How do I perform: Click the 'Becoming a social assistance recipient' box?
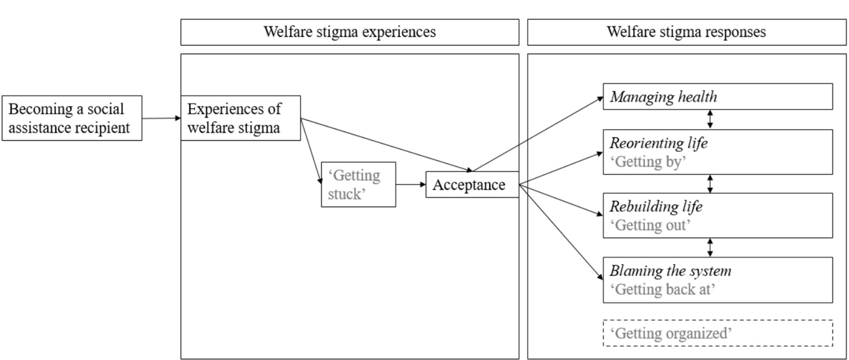coord(72,118)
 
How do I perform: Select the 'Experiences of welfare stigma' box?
coord(240,118)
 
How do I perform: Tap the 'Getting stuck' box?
coord(358,184)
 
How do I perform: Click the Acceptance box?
coord(471,185)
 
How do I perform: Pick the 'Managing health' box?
coord(717,96)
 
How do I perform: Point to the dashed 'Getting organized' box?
coord(717,333)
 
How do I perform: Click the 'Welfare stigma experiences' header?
coord(349,32)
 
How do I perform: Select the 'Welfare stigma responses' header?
coord(686,32)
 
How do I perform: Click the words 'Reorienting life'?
coord(658,143)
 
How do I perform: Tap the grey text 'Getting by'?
coord(648,162)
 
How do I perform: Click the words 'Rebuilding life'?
coord(656,206)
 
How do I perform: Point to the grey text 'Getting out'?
coord(650,225)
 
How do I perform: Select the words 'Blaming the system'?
coord(670,271)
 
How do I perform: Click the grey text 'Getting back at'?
coord(662,289)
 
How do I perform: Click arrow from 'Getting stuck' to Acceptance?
coord(411,184)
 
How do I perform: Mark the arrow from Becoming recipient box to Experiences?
coord(161,118)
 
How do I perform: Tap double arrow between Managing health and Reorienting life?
coord(709,119)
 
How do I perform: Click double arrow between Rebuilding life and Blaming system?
coord(709,248)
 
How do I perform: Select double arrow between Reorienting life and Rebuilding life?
coord(709,184)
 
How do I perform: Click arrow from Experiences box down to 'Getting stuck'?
coord(311,150)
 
